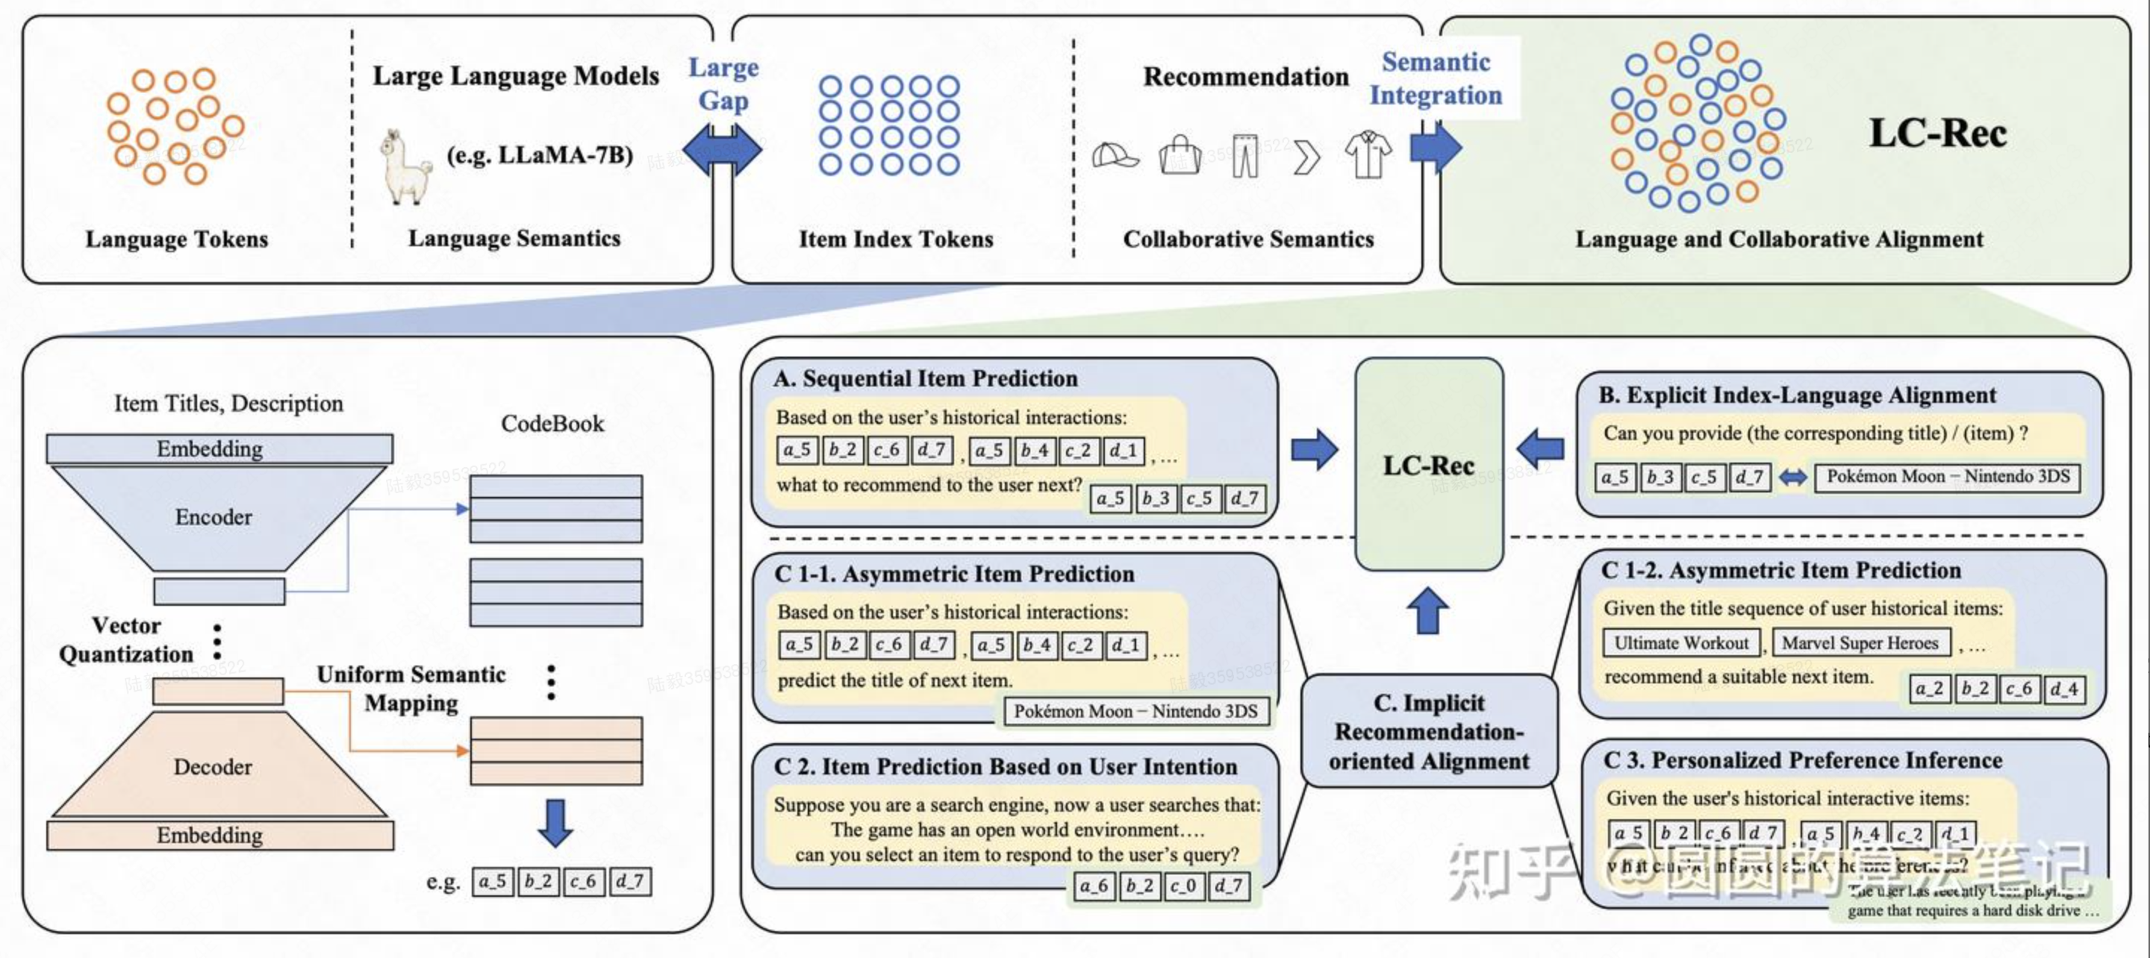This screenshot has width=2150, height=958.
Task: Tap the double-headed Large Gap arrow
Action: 722,150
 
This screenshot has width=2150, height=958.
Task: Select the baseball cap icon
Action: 1115,155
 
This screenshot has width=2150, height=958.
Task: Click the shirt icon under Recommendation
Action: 1368,154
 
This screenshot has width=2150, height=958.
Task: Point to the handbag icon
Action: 1180,155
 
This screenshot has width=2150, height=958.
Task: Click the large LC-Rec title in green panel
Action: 1937,133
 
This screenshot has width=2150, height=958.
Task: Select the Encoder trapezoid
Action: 213,517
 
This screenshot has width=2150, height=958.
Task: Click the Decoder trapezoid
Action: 214,767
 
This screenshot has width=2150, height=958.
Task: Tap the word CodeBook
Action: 552,424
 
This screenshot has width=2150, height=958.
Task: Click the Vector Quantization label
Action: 125,640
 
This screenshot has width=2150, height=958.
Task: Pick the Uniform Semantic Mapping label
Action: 411,689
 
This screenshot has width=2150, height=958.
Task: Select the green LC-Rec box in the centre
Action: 1428,465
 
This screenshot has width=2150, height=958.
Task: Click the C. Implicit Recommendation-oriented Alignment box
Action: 1429,732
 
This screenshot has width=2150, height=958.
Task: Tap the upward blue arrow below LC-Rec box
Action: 1428,610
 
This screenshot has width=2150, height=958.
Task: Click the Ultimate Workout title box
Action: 1680,643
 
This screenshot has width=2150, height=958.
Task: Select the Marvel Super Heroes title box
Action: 1860,643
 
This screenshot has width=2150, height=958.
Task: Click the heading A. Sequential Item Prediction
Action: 926,379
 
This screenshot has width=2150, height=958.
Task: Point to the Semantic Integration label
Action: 1436,78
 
